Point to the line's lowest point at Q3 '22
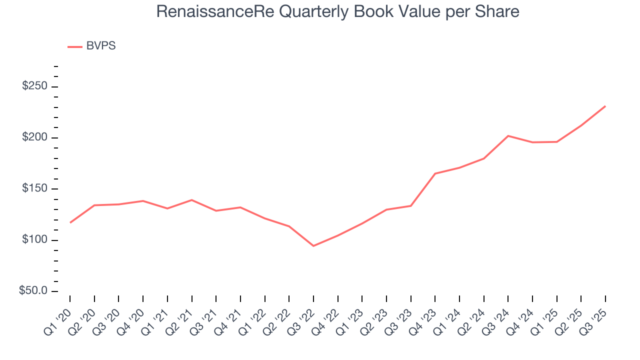click(x=313, y=246)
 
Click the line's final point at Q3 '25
click(x=605, y=106)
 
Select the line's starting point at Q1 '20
click(x=70, y=222)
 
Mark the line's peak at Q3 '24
click(x=508, y=135)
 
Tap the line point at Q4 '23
click(x=435, y=173)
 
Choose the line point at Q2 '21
click(x=191, y=200)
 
